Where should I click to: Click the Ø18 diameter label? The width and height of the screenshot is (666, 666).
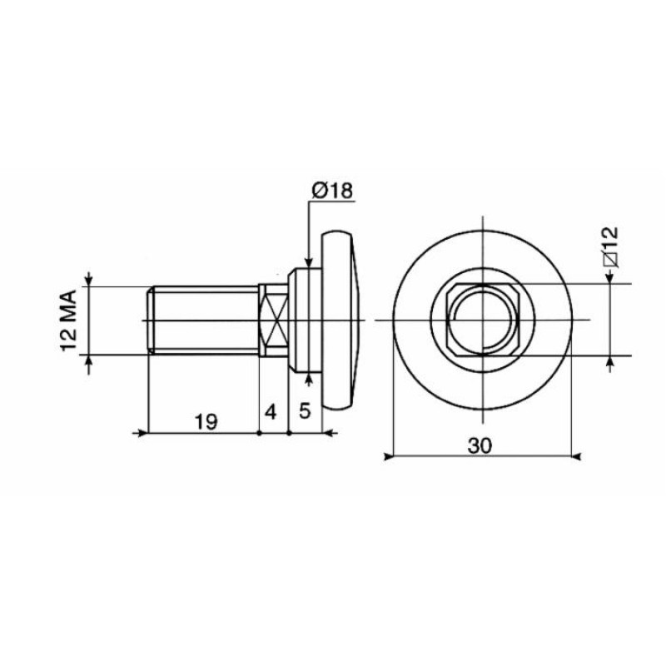(331, 191)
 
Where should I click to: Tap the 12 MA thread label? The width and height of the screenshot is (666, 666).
(69, 321)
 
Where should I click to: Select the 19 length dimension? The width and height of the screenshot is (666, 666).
(206, 422)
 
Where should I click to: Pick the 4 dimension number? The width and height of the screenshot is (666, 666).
(271, 412)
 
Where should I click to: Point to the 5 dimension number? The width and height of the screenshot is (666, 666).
(305, 410)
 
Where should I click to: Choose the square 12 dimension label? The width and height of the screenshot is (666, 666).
(611, 246)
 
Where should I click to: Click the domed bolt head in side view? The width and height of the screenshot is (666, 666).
(341, 320)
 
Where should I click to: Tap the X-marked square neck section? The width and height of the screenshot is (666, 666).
(274, 320)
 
